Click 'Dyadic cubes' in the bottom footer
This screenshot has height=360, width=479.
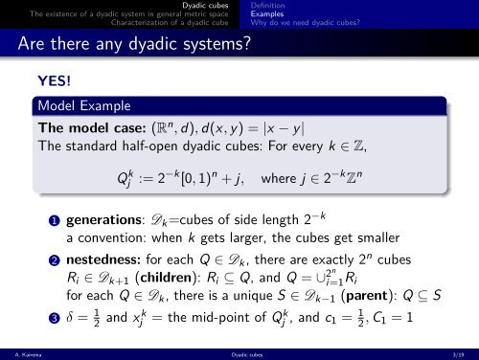[x=239, y=353]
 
